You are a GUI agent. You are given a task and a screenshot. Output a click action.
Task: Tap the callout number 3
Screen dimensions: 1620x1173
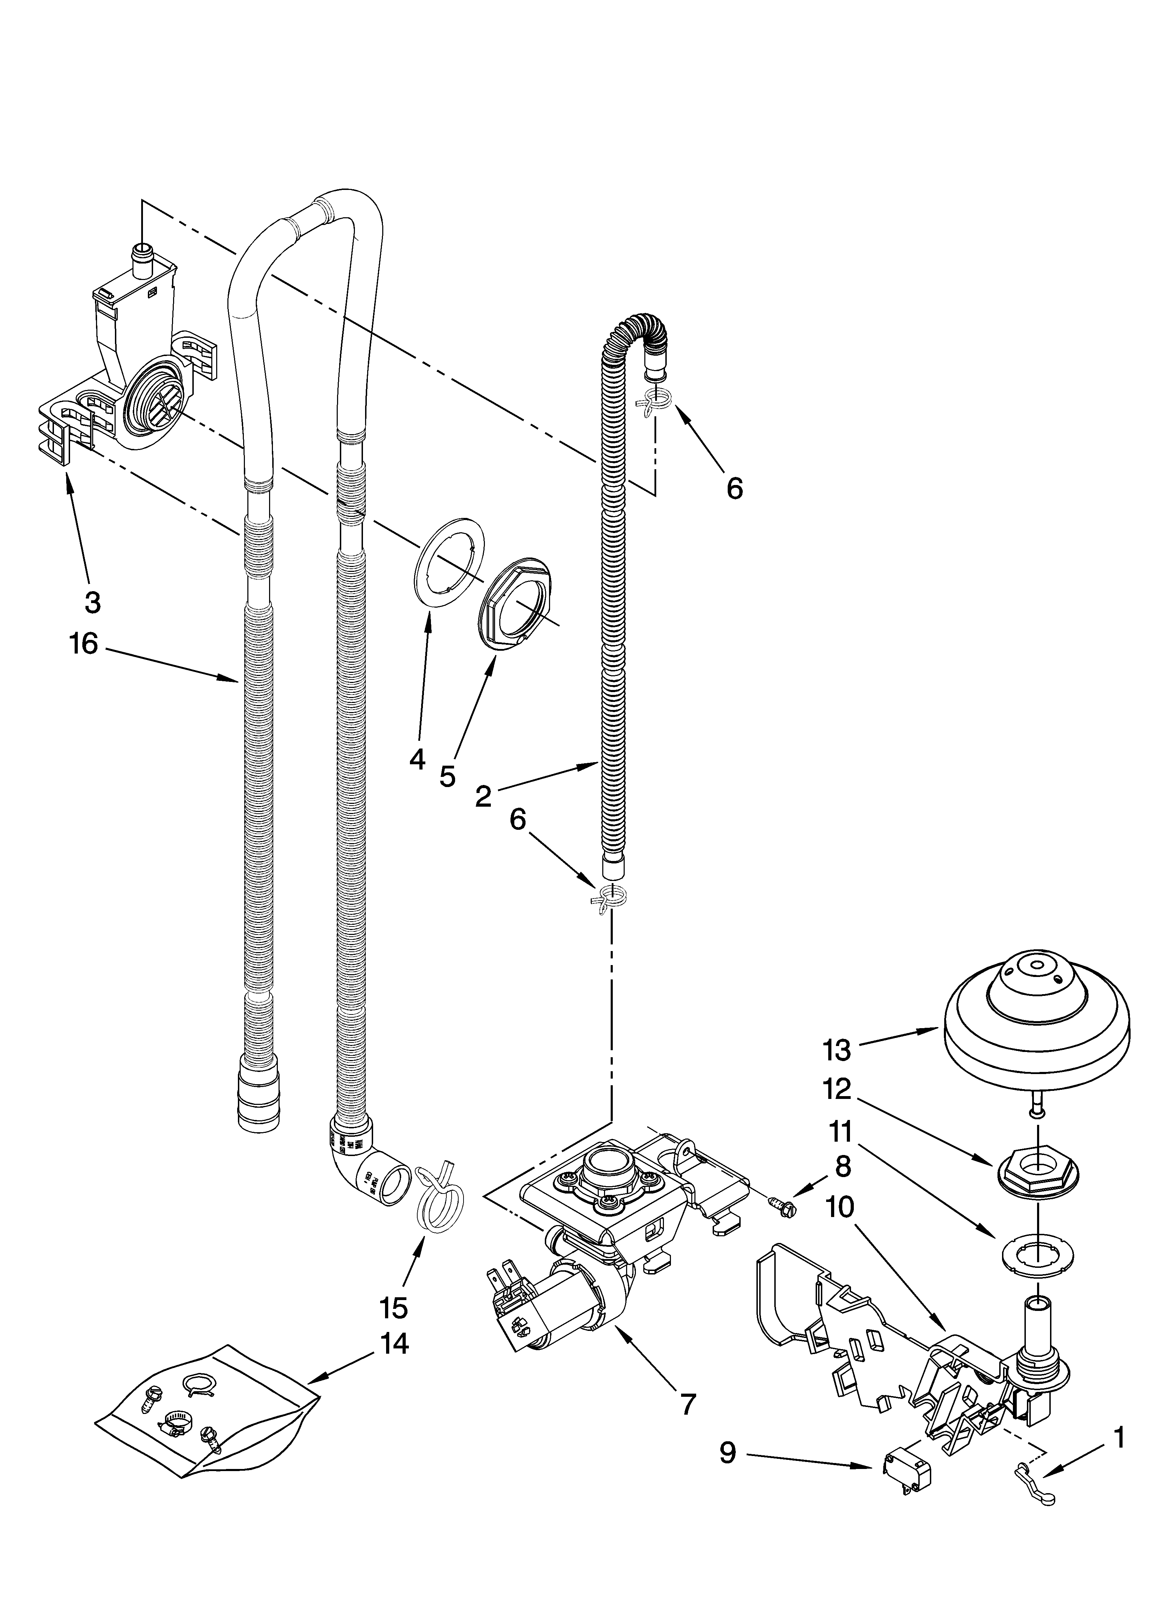tap(92, 602)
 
